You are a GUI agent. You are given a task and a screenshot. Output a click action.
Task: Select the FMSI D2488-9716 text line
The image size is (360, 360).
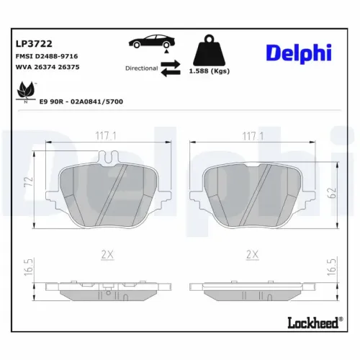click(x=47, y=55)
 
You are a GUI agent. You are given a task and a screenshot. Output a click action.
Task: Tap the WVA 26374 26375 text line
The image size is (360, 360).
click(x=47, y=67)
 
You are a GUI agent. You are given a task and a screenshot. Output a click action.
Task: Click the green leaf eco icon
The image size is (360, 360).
click(x=25, y=92)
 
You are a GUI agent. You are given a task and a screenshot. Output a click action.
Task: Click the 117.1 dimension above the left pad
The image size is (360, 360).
click(x=107, y=135)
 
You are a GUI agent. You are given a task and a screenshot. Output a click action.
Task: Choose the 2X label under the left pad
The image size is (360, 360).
click(x=107, y=253)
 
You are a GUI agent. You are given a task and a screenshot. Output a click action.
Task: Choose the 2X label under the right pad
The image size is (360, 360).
click(x=252, y=253)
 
